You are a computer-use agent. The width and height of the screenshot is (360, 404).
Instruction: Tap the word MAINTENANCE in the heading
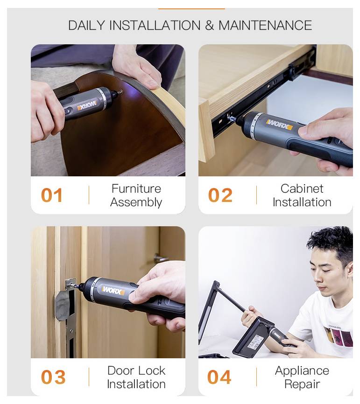(x=265, y=25)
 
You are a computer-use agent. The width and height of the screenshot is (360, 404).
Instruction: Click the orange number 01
(x=52, y=195)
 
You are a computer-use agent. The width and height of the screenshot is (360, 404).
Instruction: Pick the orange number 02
(x=220, y=195)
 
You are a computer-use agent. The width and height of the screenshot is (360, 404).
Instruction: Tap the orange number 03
(x=53, y=377)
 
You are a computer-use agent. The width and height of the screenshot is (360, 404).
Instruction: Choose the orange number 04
(x=219, y=377)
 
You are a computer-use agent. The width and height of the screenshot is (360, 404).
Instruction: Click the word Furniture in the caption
(x=136, y=189)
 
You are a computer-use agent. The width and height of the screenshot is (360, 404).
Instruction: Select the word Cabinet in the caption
(x=302, y=189)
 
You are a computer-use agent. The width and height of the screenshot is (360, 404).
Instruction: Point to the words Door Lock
(x=136, y=371)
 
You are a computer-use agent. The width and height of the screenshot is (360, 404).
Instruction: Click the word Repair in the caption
(x=302, y=384)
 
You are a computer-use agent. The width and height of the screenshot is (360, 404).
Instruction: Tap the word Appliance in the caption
(x=302, y=371)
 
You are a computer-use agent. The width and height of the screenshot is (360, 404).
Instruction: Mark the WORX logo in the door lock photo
(x=113, y=291)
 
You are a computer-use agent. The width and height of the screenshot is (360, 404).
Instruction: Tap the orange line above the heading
(x=191, y=8)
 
